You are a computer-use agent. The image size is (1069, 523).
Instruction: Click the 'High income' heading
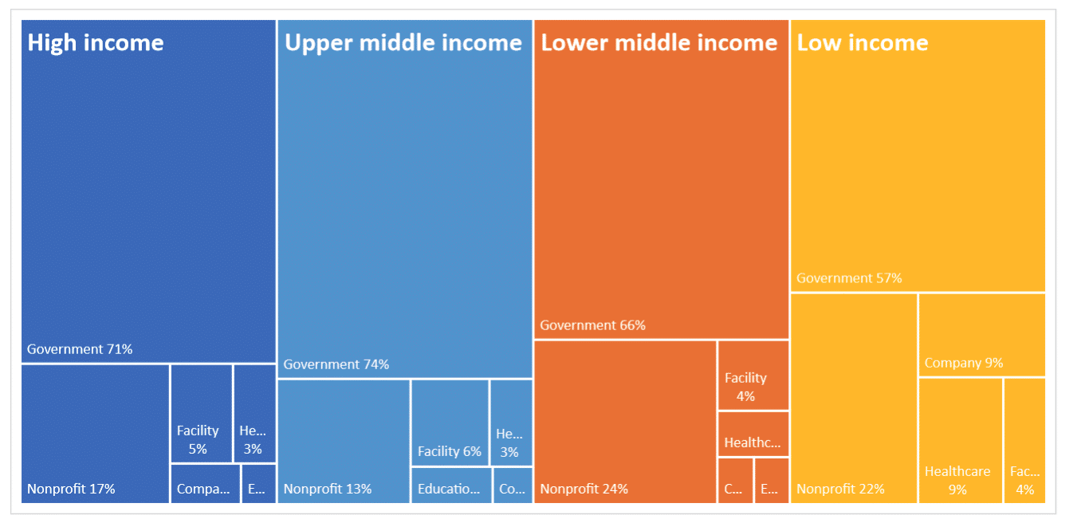click(x=96, y=42)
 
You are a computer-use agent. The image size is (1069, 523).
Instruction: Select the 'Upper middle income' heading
click(x=403, y=42)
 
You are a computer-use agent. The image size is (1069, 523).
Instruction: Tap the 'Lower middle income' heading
click(x=659, y=42)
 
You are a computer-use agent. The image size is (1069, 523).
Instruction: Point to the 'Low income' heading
click(x=863, y=42)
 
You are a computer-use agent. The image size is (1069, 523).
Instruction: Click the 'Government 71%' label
click(x=80, y=349)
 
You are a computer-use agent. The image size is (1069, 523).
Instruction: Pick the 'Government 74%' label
click(x=336, y=364)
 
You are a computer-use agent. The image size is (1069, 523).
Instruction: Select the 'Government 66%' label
click(x=592, y=325)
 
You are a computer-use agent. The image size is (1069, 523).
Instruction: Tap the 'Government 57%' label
click(x=849, y=278)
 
